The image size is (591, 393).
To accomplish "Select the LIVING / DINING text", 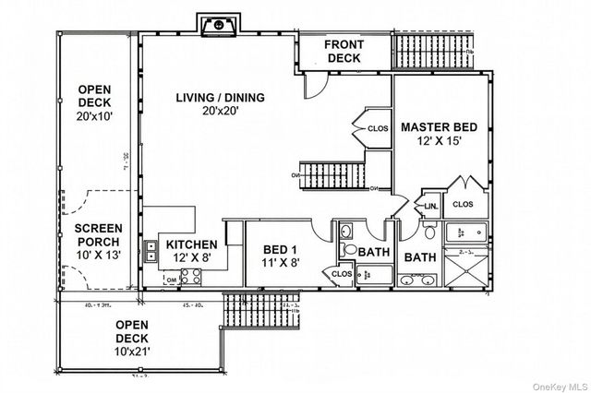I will [221, 97].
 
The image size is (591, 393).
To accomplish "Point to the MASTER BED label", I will [439, 127].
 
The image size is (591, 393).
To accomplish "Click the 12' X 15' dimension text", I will [439, 143].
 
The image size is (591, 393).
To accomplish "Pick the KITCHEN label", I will [192, 244].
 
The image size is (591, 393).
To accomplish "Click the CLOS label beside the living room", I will [379, 128].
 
